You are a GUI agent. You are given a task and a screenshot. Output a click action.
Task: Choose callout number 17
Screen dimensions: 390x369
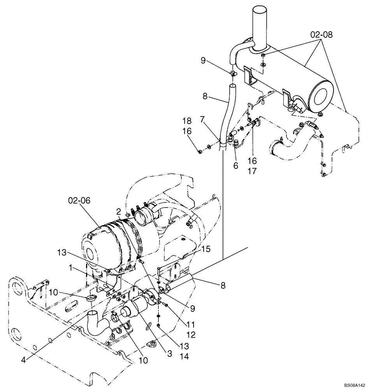pyautogui.click(x=253, y=171)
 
